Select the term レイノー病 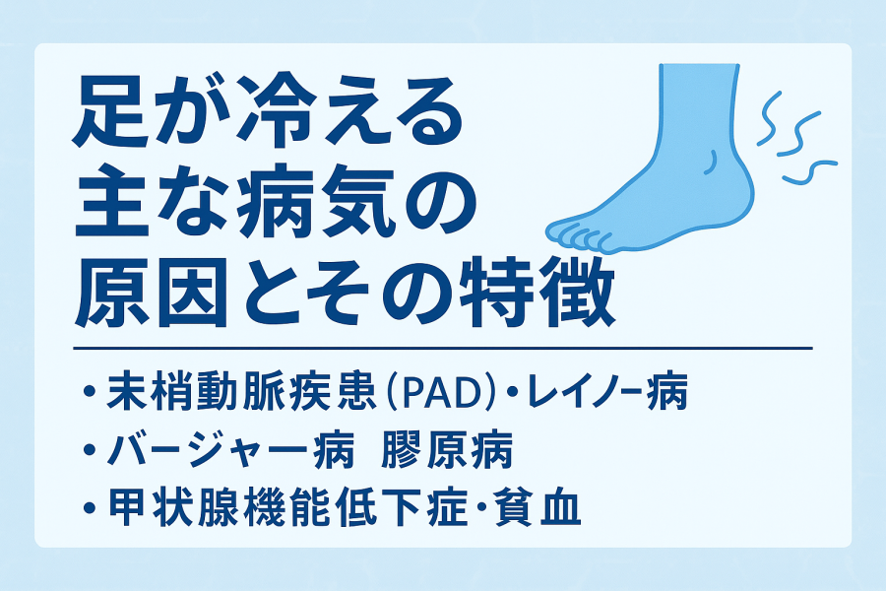click(608, 390)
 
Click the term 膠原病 click(446, 451)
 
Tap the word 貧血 click(538, 506)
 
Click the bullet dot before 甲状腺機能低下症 click(89, 507)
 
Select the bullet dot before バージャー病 click(89, 451)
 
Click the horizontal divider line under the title click(443, 348)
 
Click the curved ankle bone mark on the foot click(711, 163)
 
